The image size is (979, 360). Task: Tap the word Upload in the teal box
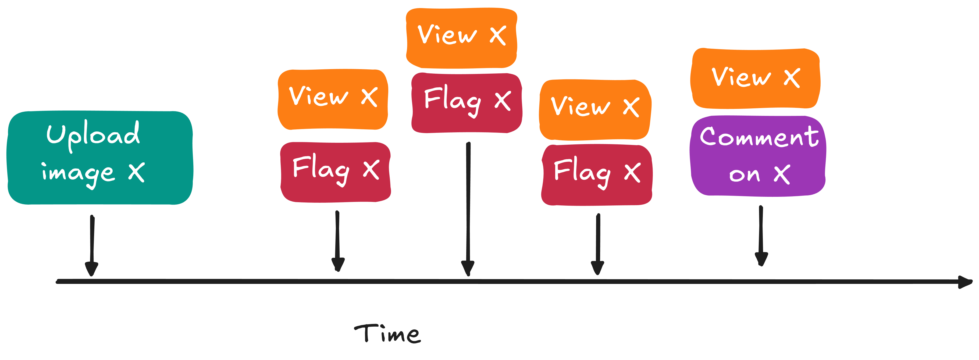[x=93, y=135]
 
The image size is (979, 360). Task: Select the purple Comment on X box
[x=757, y=156]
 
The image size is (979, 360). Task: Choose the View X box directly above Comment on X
[x=755, y=78]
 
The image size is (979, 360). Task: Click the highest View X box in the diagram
[x=461, y=38]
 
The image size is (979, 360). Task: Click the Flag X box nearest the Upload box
[x=335, y=172]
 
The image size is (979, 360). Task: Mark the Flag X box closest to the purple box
[x=597, y=174]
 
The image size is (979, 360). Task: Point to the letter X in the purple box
[x=782, y=174]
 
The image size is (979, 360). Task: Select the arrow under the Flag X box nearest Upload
[x=337, y=241]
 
